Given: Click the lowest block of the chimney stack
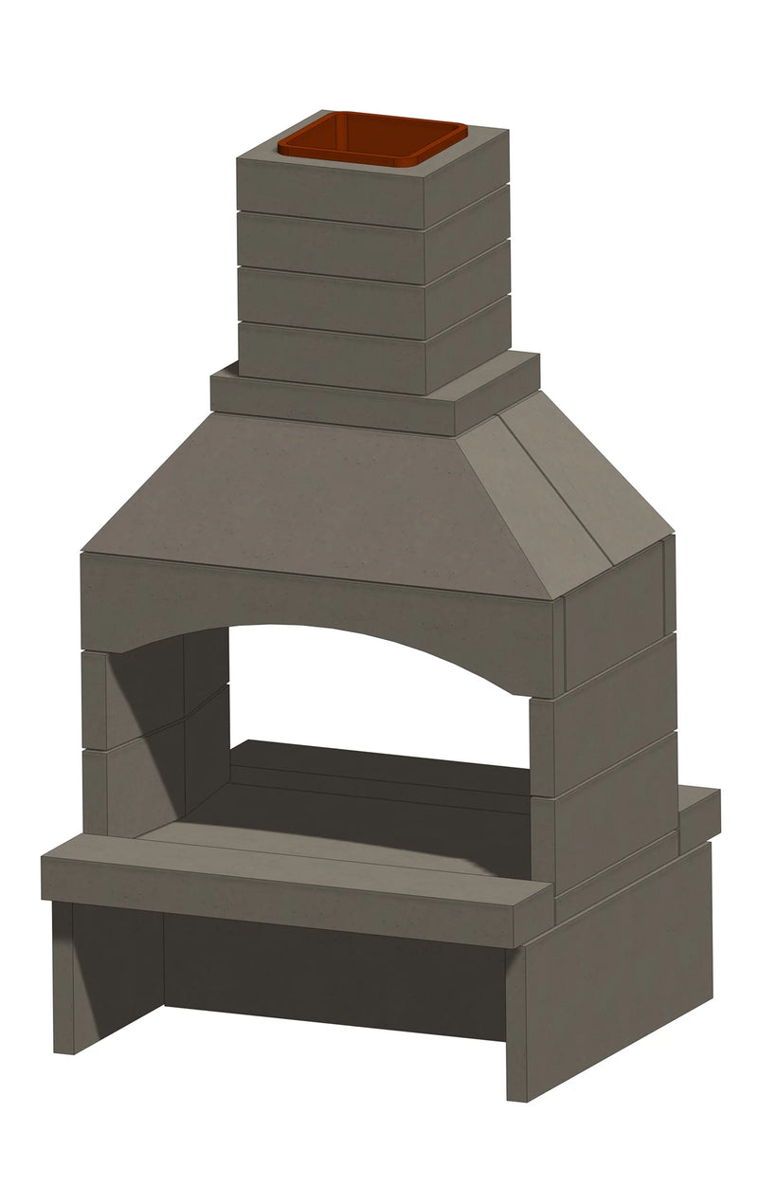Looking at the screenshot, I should (332, 356).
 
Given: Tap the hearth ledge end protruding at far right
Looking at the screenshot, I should (699, 815).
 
